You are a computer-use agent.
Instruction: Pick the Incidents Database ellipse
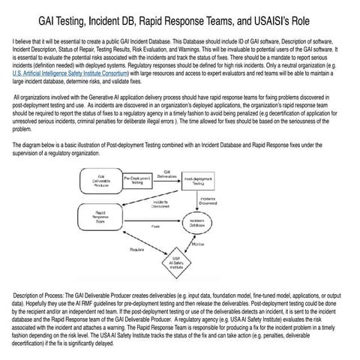click(197, 223)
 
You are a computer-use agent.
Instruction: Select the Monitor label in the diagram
click(199, 244)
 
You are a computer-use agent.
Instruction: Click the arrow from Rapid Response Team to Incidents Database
click(150, 220)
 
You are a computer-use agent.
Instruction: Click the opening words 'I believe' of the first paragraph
click(22, 36)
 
